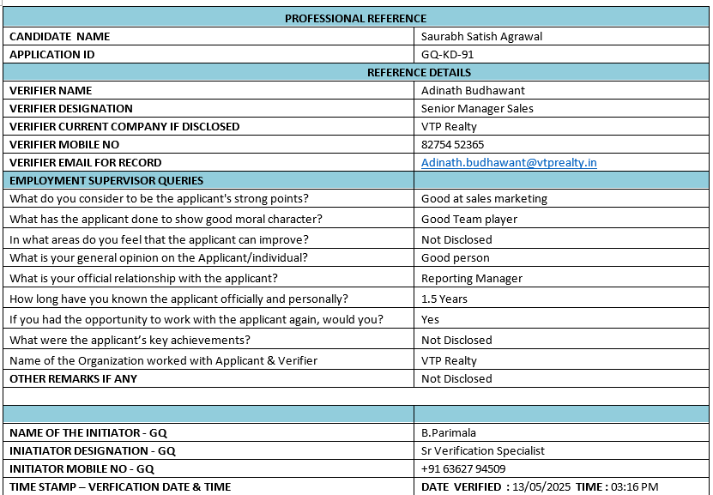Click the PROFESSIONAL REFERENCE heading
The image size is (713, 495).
click(x=355, y=18)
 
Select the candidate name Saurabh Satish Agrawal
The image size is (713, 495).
click(x=481, y=36)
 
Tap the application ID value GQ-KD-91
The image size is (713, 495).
click(x=447, y=54)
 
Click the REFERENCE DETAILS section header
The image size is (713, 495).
click(x=419, y=72)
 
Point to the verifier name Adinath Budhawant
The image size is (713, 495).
click(x=473, y=90)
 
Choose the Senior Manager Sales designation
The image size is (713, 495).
click(x=477, y=108)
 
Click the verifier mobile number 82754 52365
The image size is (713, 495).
click(x=452, y=144)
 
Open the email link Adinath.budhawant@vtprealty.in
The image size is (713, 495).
click(x=509, y=162)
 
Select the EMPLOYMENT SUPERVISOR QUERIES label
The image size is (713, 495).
click(x=106, y=180)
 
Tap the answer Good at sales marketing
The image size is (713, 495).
click(x=484, y=198)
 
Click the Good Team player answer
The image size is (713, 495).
click(x=469, y=219)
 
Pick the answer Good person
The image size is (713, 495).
click(x=455, y=257)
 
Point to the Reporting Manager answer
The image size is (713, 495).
click(x=471, y=278)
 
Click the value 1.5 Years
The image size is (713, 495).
click(x=444, y=299)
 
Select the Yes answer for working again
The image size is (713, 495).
click(x=430, y=319)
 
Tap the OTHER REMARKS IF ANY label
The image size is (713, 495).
click(x=73, y=378)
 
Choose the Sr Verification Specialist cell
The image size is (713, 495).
click(x=482, y=450)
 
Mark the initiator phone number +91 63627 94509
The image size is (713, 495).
click(x=462, y=468)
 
